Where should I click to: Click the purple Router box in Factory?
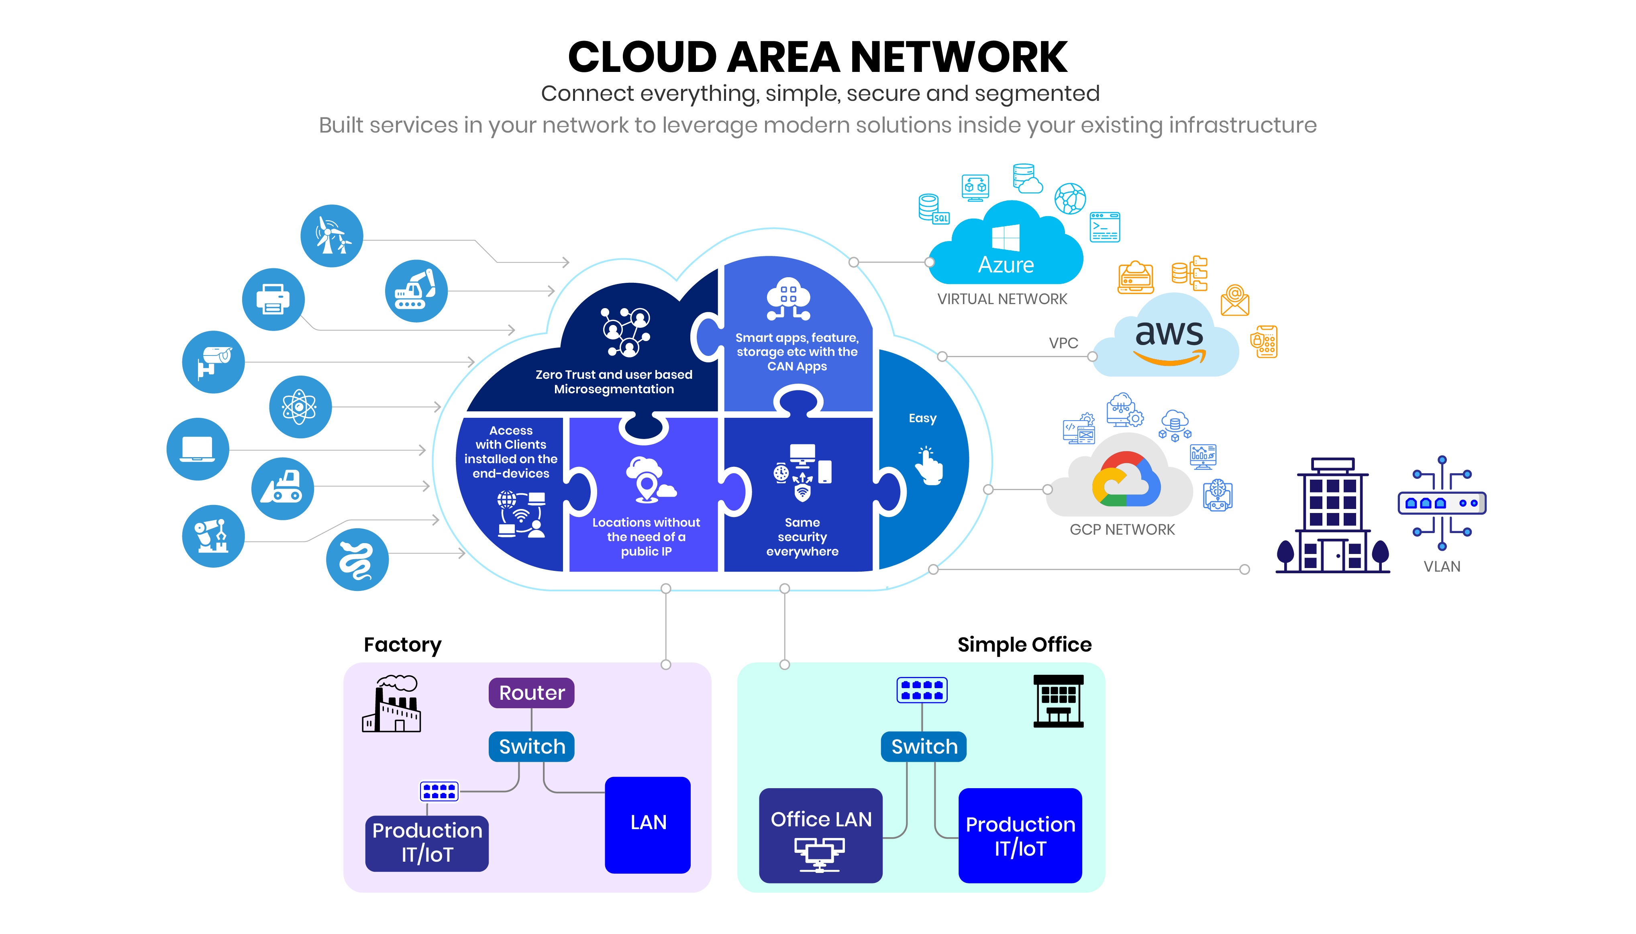pos(531,693)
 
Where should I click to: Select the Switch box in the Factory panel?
pos(531,747)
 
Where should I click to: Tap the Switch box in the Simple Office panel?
pos(923,747)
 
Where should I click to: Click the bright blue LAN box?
pos(647,824)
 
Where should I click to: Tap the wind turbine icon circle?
pos(331,236)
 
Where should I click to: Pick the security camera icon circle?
pos(214,362)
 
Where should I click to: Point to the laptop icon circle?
pos(198,449)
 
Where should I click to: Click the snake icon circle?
pos(357,559)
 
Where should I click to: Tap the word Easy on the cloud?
pos(922,418)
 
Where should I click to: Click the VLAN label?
pos(1442,566)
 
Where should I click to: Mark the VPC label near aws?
pos(1063,343)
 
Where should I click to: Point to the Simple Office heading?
pos(1024,644)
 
